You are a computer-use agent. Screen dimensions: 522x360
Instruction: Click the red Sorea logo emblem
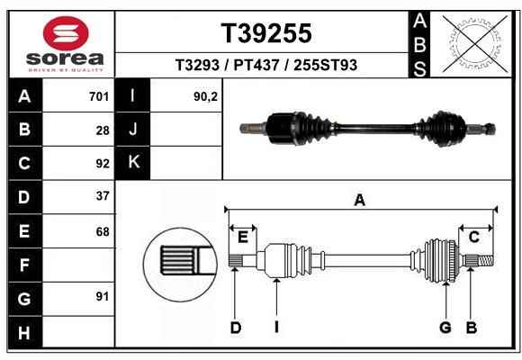(66, 33)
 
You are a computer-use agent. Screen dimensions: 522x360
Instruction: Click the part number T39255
(266, 33)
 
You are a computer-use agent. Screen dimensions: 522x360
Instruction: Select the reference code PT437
(256, 65)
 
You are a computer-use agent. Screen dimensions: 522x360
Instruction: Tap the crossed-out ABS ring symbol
(476, 44)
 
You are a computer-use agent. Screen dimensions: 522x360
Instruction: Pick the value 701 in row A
(99, 96)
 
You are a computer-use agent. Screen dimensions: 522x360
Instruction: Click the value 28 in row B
(103, 130)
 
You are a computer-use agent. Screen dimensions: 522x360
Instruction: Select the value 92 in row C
(103, 164)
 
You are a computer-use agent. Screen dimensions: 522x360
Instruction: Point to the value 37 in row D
(103, 196)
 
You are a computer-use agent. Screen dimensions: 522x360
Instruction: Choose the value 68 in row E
(103, 231)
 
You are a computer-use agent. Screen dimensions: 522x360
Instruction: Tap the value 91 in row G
(103, 296)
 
